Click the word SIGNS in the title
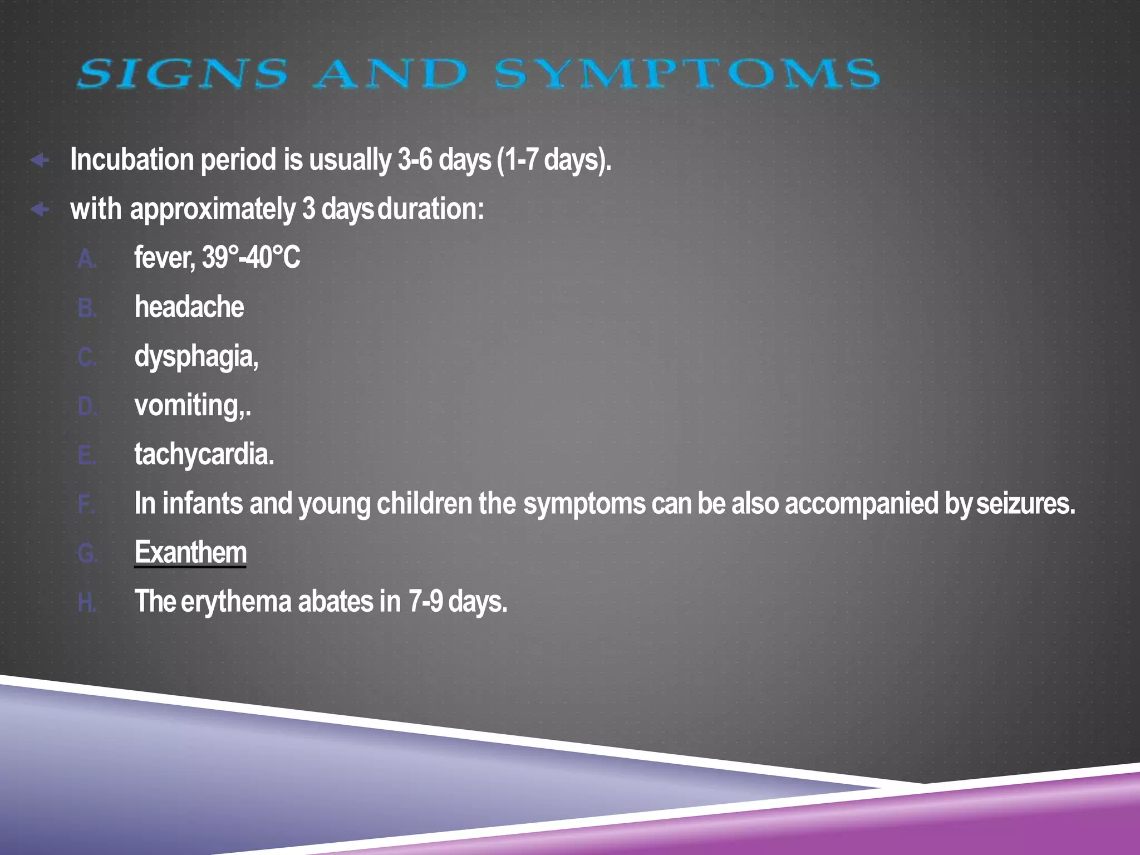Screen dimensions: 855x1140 tap(183, 74)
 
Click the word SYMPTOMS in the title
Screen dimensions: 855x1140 tap(687, 74)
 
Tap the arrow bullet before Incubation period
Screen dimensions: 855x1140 tap(40, 161)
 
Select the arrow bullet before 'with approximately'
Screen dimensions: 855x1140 tap(40, 210)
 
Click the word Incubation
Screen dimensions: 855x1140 tap(132, 160)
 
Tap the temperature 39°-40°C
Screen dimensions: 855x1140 tap(251, 258)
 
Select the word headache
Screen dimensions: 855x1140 tap(189, 307)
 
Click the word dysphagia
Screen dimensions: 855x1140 tap(195, 357)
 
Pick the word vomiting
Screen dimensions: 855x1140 tap(189, 406)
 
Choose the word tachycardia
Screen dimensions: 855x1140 tap(204, 454)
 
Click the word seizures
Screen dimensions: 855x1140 tap(1025, 503)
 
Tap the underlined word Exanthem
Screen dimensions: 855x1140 tap(190, 552)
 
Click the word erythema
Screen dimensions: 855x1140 tap(236, 602)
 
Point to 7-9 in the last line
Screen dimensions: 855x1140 tap(425, 601)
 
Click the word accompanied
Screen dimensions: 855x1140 tap(862, 503)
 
